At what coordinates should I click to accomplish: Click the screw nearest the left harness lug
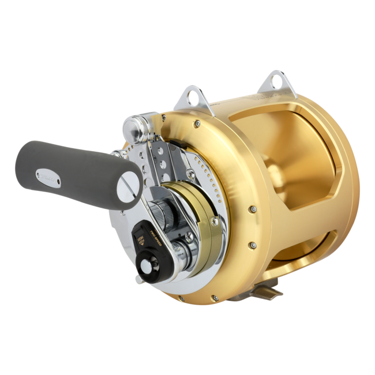tap(198, 123)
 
